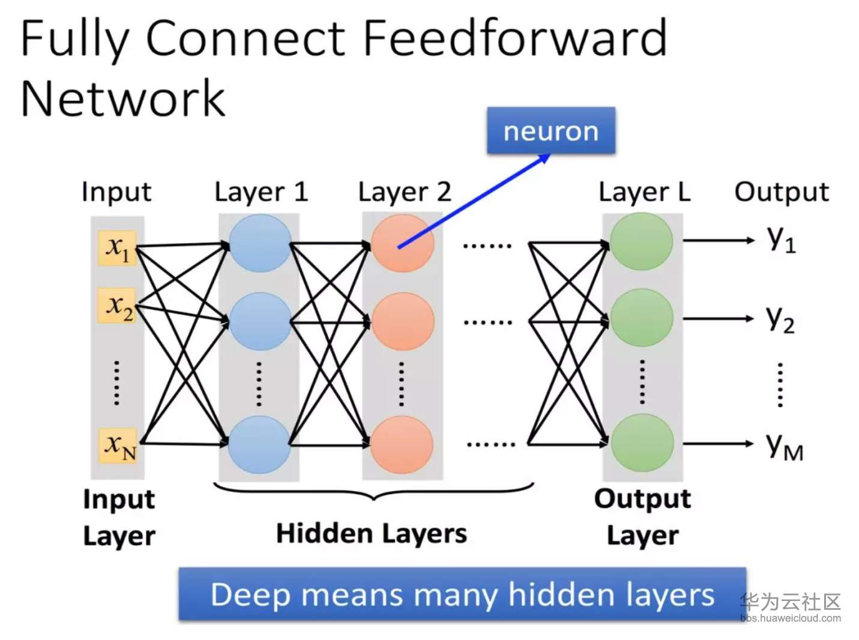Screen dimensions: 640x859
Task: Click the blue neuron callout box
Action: pos(550,130)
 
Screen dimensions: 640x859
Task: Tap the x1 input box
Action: pos(118,247)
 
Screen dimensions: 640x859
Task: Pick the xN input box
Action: pos(119,445)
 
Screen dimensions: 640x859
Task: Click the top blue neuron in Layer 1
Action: pos(260,243)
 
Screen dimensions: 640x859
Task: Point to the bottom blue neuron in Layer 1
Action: pos(259,445)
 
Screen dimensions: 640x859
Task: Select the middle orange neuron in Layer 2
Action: pos(403,322)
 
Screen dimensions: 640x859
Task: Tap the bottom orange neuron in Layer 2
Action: pos(402,445)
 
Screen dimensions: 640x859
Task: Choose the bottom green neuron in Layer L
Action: pos(642,443)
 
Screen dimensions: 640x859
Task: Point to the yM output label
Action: pos(784,446)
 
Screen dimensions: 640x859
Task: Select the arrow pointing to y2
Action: pos(718,319)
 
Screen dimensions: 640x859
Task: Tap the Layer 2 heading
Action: pos(404,192)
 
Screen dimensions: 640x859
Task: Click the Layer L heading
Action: pos(644,192)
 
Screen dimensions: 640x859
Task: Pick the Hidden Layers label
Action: pos(371,533)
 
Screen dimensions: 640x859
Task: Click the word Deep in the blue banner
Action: pos(250,595)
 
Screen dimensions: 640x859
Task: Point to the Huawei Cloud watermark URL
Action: pos(790,618)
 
